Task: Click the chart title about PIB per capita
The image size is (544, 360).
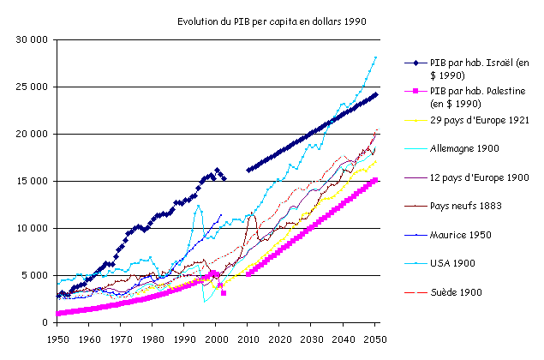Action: [272, 21]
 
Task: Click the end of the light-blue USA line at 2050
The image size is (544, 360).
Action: [375, 57]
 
